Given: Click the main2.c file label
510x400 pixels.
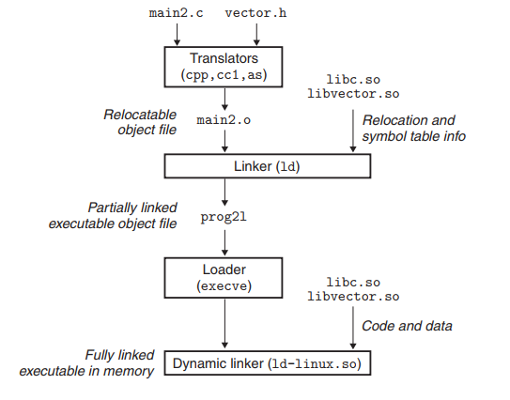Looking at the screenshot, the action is (176, 13).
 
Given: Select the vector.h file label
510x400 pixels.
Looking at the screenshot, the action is (256, 13).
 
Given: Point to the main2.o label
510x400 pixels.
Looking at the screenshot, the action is (224, 120).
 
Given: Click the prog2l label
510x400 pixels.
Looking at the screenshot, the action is (224, 217).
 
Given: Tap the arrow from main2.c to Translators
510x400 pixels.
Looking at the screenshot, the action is (177, 35).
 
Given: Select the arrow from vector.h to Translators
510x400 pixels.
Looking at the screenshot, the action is (256, 35).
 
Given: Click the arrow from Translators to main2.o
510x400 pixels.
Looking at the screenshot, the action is (224, 99).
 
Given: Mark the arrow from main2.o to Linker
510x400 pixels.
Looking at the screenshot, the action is (224, 141).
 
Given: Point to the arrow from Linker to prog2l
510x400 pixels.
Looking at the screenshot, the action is (224, 192).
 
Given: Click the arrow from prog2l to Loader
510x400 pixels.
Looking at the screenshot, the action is (224, 243).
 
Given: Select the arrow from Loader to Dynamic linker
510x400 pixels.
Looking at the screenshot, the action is (224, 324).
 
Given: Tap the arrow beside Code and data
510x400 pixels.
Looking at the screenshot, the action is (353, 328).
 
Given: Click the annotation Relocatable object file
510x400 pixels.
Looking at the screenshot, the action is (140, 122).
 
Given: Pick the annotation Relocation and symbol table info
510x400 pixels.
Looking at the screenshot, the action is (414, 128).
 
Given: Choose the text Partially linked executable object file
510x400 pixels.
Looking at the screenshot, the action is (113, 216).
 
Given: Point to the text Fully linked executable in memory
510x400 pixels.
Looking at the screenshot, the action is (86, 363).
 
